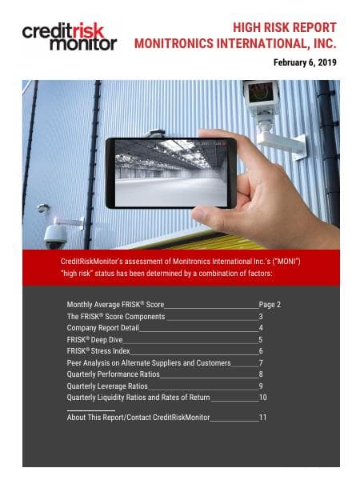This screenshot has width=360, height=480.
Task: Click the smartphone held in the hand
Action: tap(170, 172)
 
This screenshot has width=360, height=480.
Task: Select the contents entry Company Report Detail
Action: tap(102, 328)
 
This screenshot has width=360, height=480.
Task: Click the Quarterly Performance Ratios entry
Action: tap(113, 374)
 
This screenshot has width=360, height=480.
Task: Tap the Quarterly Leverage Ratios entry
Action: tap(108, 386)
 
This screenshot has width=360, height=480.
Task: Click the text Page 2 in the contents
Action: tap(270, 305)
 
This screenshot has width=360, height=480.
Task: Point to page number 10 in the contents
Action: tap(262, 397)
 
